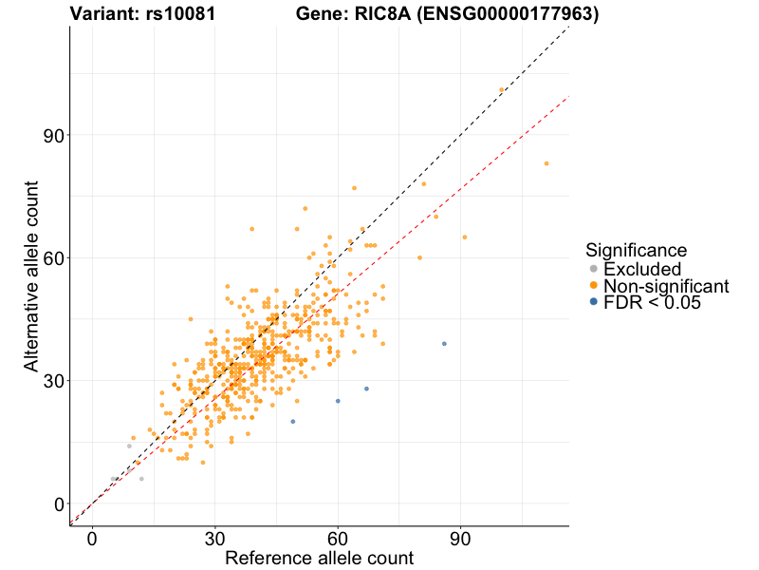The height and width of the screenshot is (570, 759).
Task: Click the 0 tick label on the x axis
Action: [92, 538]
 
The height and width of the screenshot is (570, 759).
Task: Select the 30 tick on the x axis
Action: [214, 538]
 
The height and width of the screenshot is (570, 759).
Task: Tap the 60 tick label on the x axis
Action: [338, 538]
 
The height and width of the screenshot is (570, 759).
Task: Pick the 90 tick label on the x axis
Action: [460, 538]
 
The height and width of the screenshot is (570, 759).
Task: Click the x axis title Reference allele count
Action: [319, 558]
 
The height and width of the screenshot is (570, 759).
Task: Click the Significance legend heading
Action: [636, 251]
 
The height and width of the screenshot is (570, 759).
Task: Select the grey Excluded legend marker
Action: [594, 269]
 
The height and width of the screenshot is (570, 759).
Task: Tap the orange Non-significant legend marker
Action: [594, 285]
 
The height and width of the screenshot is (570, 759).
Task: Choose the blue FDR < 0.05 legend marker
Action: [594, 302]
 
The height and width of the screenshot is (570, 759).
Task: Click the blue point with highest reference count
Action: [444, 344]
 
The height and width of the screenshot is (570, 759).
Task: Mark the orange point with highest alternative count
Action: [502, 90]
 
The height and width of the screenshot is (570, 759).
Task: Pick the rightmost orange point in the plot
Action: [546, 163]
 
